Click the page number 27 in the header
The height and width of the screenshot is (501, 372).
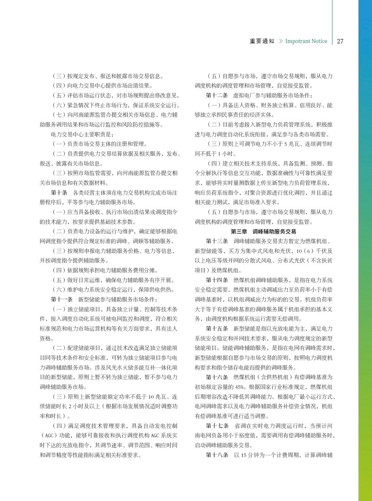click(340, 41)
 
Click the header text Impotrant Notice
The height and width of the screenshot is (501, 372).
click(306, 41)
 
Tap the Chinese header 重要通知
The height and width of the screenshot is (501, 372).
click(262, 41)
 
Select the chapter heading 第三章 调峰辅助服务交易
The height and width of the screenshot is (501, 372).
click(263, 232)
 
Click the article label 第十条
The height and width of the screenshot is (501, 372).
click(59, 193)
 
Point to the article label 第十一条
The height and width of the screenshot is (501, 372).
click(62, 300)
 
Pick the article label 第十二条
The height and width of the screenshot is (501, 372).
click(217, 95)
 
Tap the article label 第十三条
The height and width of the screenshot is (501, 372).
click(217, 241)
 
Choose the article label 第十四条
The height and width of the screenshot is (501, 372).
click(217, 280)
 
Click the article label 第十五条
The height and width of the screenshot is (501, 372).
click(217, 329)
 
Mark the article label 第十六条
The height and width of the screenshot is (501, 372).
click(217, 377)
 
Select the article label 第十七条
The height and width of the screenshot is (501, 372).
click(217, 426)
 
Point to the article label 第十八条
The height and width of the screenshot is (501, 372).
click(217, 455)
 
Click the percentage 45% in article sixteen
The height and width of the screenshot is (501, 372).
click(240, 387)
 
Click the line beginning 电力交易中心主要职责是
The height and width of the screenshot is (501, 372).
click(82, 134)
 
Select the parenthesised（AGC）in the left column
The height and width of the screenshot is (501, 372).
click(47, 436)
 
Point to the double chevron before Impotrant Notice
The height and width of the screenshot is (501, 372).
click(280, 41)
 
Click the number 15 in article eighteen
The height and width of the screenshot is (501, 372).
click(244, 455)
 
